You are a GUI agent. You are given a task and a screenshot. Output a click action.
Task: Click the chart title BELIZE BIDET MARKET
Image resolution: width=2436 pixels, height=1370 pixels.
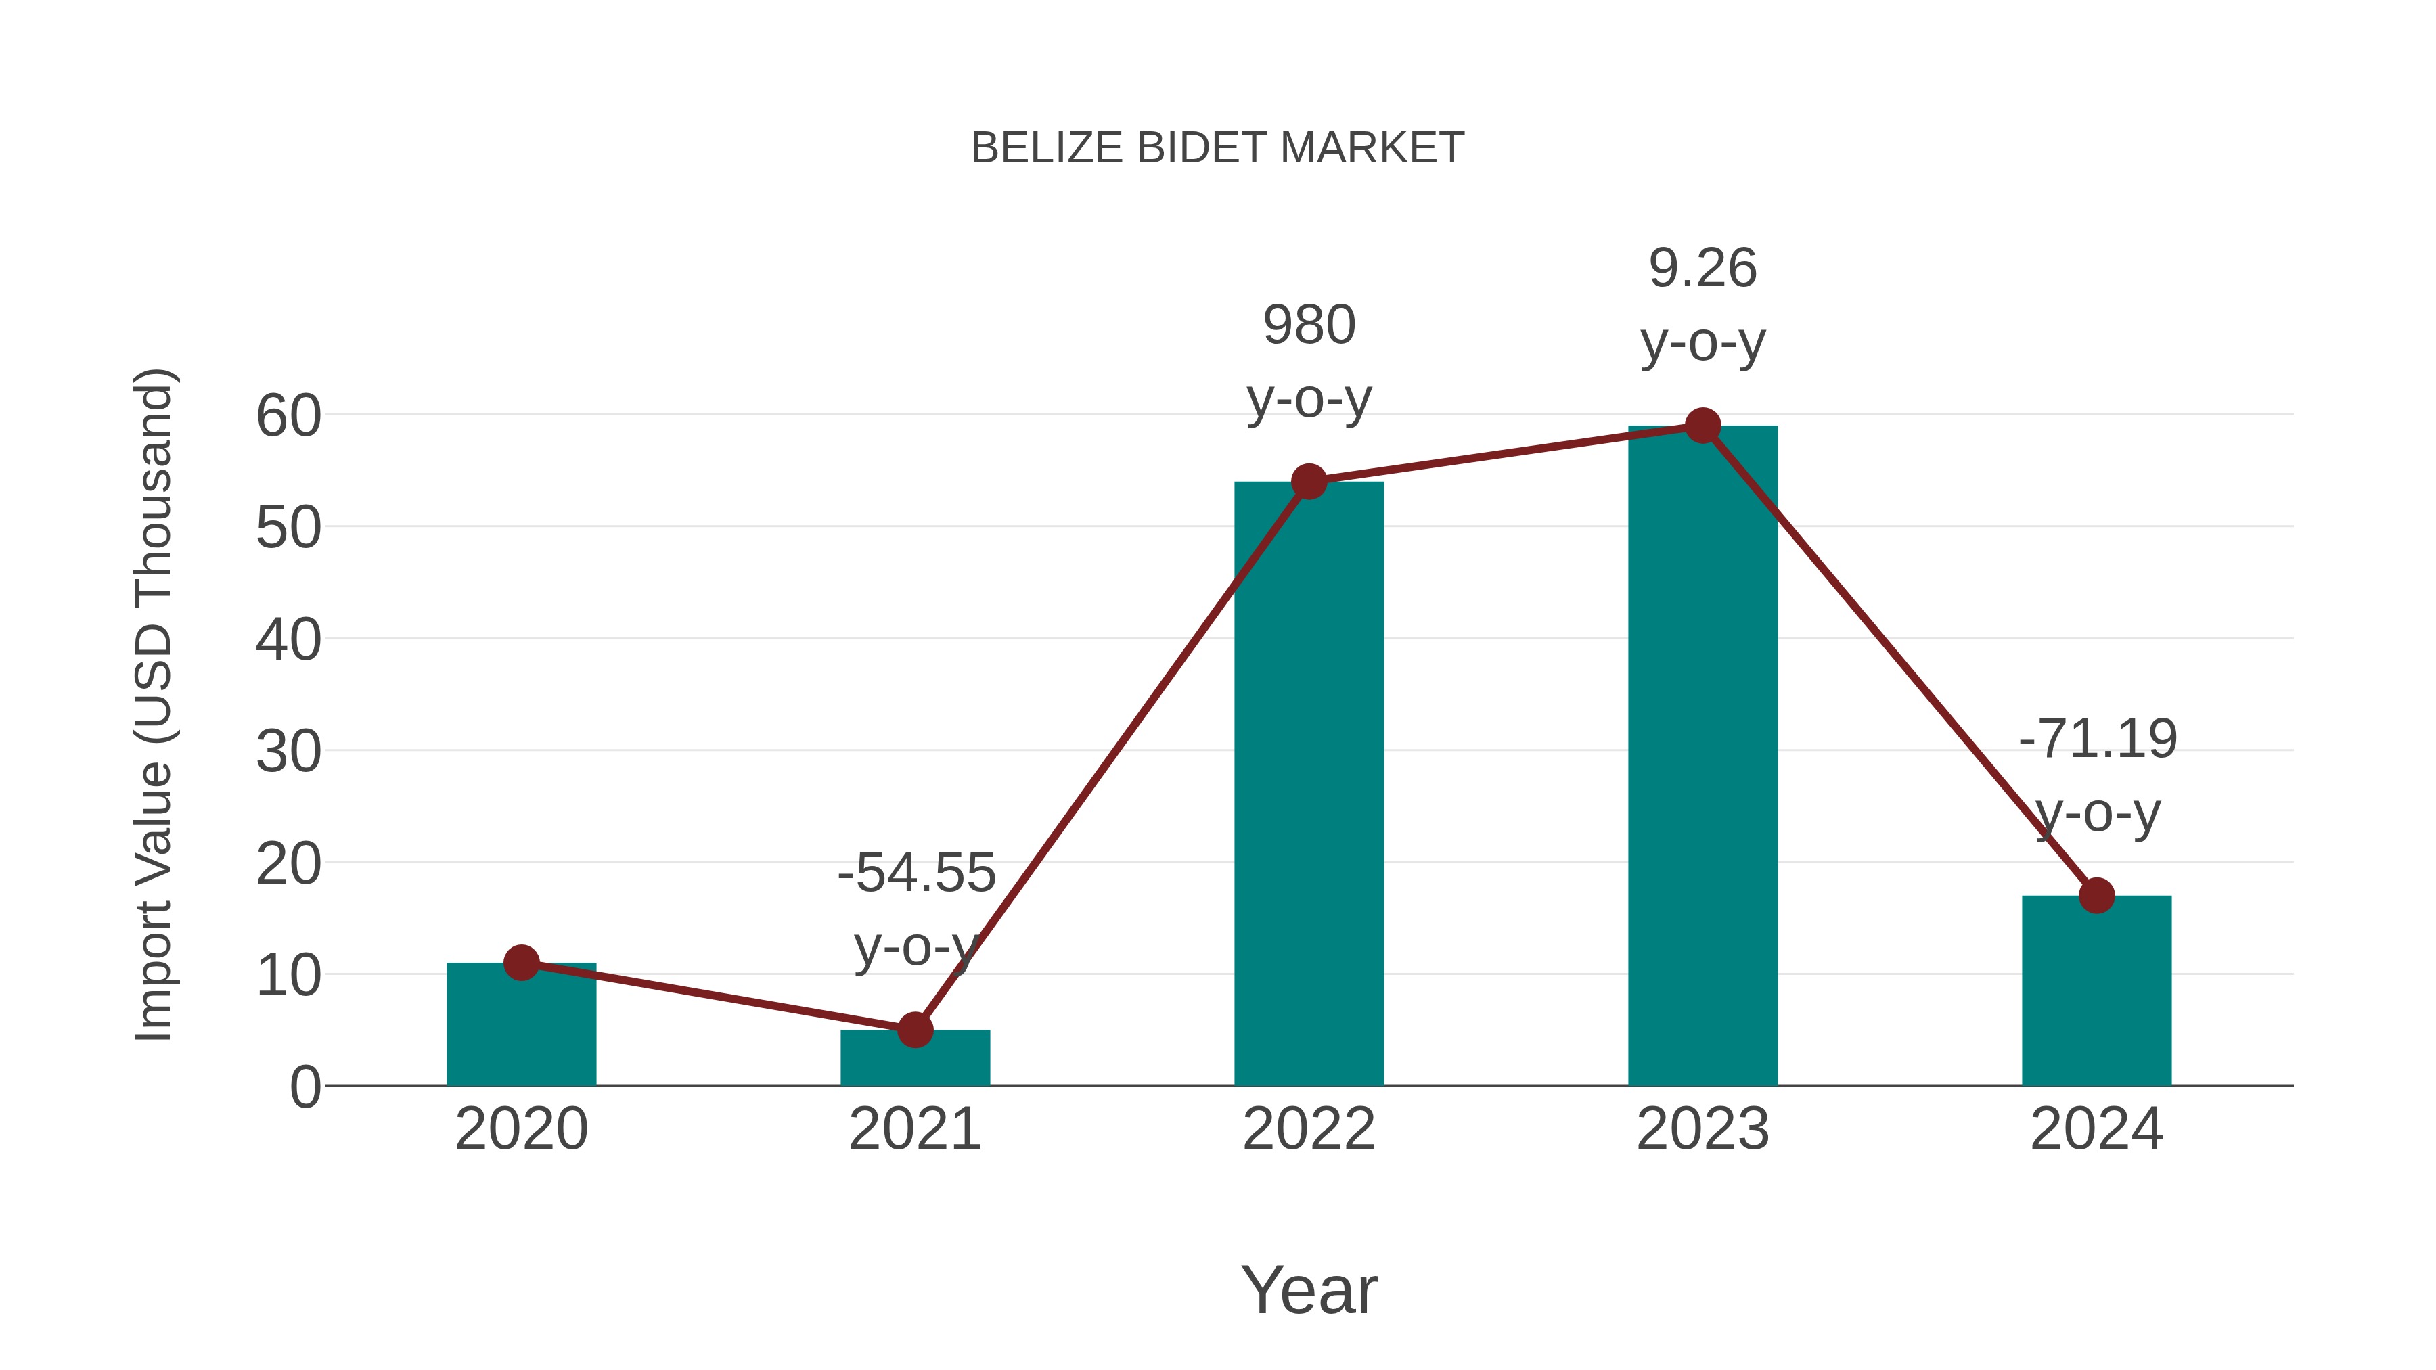pos(1217,148)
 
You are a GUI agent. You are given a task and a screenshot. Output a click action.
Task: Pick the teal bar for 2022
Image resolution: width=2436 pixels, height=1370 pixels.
pos(1309,785)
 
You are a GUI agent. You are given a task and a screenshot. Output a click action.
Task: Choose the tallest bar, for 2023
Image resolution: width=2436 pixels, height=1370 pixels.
pos(1702,756)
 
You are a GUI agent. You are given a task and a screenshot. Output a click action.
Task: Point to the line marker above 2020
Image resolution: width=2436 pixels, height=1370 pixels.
pos(521,963)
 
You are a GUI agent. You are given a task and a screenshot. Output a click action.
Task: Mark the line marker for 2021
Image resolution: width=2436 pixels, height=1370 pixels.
pos(914,1030)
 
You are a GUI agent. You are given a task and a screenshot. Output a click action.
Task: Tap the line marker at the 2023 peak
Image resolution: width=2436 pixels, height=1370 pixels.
pos(1702,426)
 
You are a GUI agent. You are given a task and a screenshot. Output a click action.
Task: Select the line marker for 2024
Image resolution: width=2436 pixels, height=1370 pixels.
pos(2096,895)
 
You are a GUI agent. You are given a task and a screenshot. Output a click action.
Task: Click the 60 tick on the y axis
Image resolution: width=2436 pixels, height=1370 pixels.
pos(288,416)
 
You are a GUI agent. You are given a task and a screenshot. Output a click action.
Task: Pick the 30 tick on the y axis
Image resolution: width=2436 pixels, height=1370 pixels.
pos(288,752)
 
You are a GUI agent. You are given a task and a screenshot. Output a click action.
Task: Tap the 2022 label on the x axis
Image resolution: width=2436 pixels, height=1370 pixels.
pos(1309,1129)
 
